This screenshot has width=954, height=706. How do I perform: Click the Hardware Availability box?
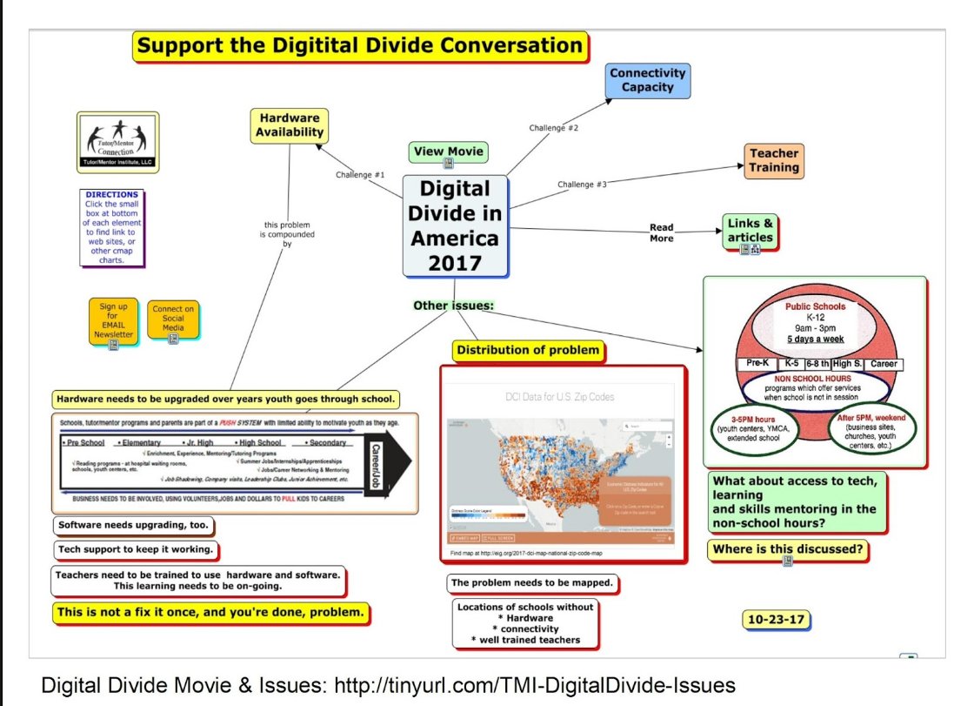(x=290, y=126)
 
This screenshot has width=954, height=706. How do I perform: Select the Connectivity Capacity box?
(x=647, y=80)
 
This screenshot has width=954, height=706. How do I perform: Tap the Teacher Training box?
(x=773, y=161)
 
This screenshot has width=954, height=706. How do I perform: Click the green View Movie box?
(x=448, y=151)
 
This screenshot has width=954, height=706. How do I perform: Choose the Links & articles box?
(x=750, y=231)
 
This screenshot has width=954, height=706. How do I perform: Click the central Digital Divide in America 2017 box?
(x=455, y=225)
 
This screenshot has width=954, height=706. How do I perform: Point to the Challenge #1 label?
(x=360, y=175)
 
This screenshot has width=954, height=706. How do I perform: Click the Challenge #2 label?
(x=553, y=128)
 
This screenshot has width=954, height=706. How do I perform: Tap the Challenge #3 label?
(x=583, y=184)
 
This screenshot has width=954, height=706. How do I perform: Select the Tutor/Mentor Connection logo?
(x=117, y=142)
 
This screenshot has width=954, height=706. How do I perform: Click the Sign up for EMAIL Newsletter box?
(x=114, y=322)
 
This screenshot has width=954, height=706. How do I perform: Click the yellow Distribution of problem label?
(x=528, y=351)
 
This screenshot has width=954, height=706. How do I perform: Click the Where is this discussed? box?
(x=787, y=549)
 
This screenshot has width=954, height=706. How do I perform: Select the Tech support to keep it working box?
(x=135, y=550)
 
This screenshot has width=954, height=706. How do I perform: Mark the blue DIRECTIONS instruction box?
(x=112, y=227)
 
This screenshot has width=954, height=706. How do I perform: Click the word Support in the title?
(x=182, y=46)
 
